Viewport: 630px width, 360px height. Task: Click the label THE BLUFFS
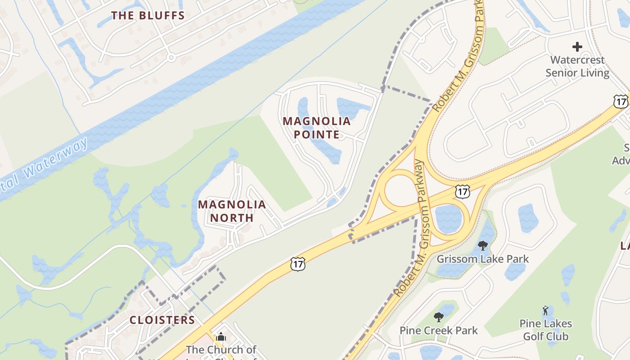[148, 16]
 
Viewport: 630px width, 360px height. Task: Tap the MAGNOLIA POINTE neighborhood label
[317, 127]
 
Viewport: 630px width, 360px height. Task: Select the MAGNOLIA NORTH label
[232, 211]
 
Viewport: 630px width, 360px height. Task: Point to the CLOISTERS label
[162, 320]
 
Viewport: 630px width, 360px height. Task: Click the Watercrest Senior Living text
[578, 66]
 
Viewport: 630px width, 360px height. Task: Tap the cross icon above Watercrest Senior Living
[577, 46]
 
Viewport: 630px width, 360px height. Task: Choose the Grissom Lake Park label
[483, 259]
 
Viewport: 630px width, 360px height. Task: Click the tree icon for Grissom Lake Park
[483, 246]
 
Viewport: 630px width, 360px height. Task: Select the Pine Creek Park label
[439, 331]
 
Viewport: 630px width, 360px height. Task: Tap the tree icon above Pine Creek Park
[439, 317]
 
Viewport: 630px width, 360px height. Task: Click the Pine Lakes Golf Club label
[546, 330]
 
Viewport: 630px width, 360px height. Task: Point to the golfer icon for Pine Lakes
[545, 310]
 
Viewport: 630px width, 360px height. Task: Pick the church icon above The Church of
[221, 337]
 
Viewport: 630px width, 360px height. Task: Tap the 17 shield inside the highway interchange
[463, 191]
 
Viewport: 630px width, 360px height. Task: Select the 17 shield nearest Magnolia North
[298, 264]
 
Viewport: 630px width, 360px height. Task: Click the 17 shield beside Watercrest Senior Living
[621, 102]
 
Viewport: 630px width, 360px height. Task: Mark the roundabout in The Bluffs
[171, 58]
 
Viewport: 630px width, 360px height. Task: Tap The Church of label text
[221, 350]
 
